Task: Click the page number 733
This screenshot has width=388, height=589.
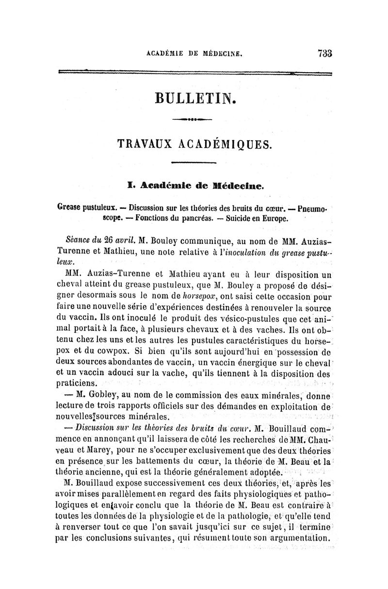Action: click(x=323, y=53)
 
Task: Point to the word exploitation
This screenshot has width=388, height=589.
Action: click(x=292, y=405)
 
